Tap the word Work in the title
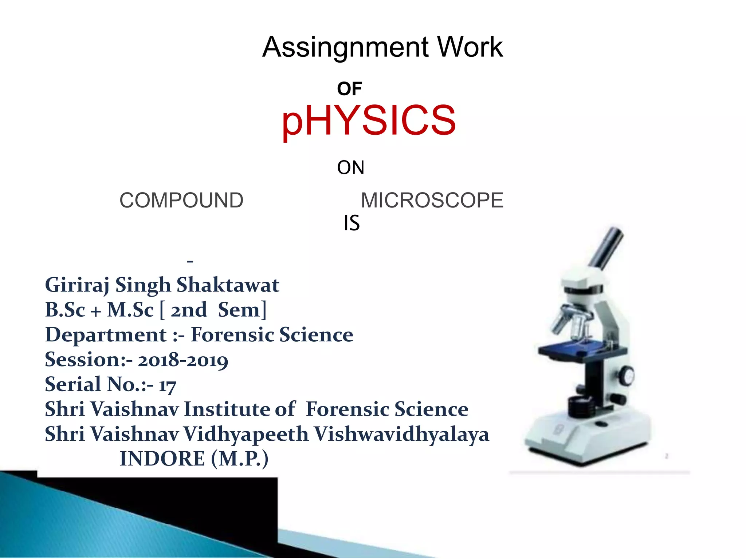[470, 47]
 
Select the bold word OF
[349, 89]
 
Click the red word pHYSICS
[369, 120]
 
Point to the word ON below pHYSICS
[350, 168]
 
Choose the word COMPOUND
[181, 201]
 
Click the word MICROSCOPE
[432, 201]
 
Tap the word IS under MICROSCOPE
[352, 223]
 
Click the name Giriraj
[77, 285]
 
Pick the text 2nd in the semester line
[189, 310]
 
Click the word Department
[106, 335]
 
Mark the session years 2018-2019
[183, 360]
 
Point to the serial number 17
[167, 385]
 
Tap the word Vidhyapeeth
[246, 435]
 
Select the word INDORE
[162, 459]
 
